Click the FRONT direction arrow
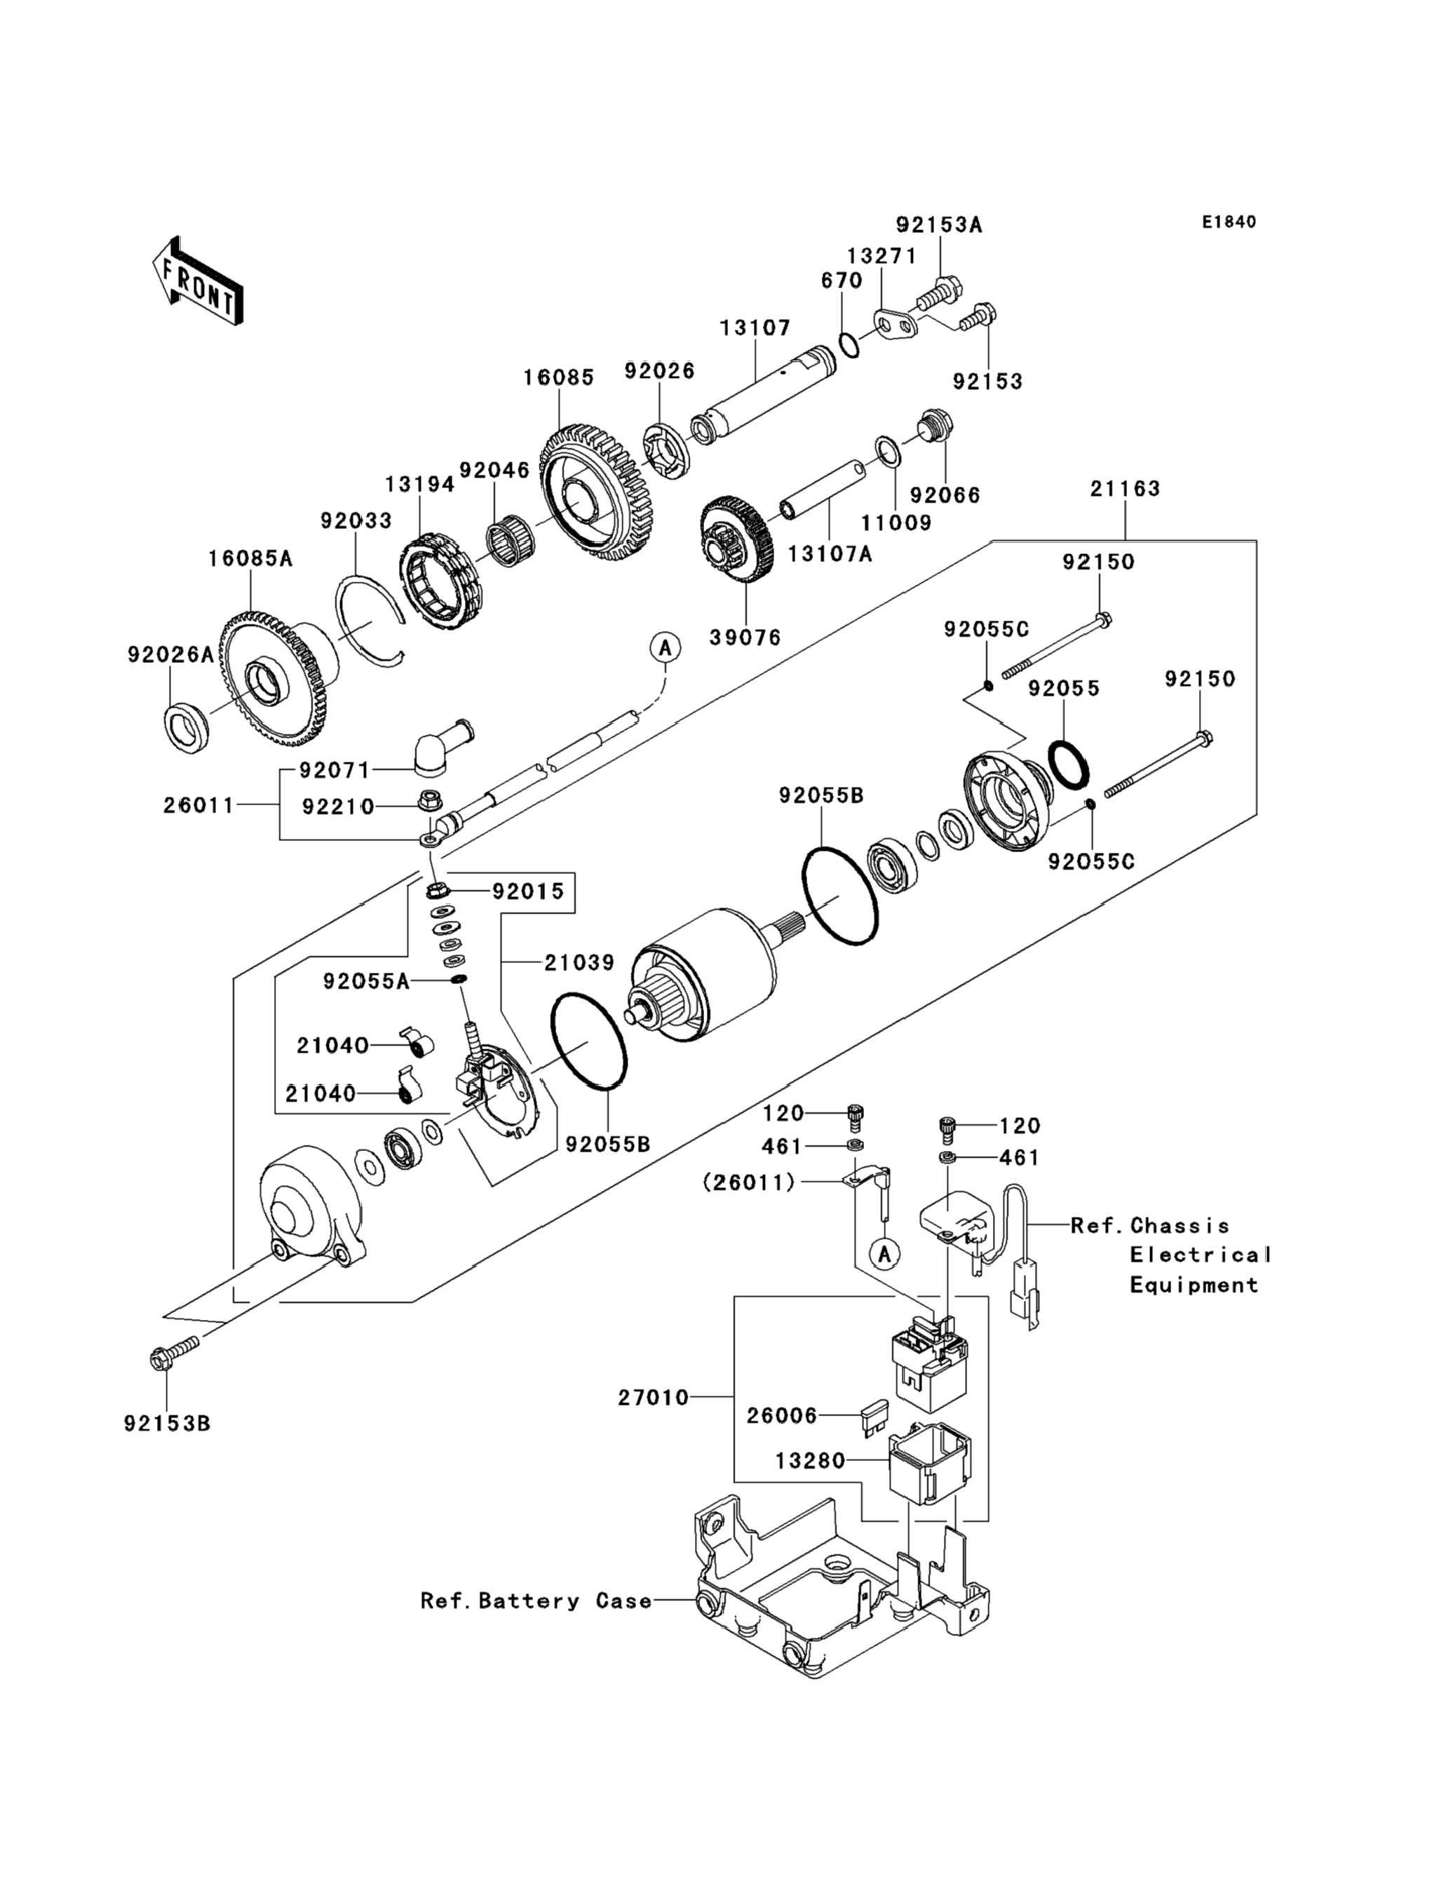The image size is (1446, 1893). (x=197, y=281)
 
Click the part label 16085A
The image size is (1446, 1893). (x=250, y=559)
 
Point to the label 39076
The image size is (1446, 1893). (x=745, y=638)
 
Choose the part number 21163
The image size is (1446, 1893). (x=1125, y=489)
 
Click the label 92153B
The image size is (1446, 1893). (x=167, y=1424)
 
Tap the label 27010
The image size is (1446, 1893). (x=654, y=1398)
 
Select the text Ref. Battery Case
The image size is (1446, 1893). (x=535, y=1601)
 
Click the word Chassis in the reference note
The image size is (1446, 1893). (x=1180, y=1226)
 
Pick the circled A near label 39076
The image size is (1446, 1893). (x=665, y=647)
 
